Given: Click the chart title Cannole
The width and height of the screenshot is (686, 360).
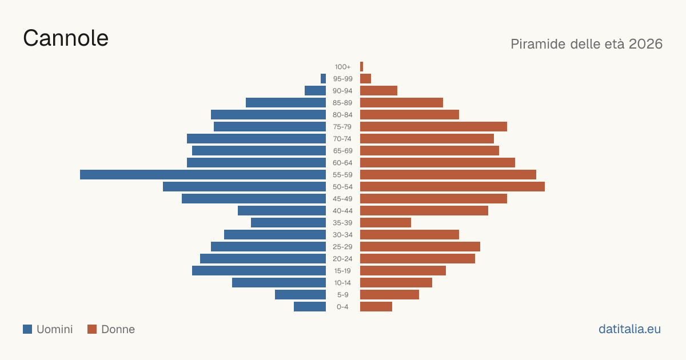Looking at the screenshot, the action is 66,38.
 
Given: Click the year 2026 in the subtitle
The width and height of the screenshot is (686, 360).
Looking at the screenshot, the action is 645,44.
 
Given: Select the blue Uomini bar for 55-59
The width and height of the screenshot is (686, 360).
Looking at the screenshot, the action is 203,174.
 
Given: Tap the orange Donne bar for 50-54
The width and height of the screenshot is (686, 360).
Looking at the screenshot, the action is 452,187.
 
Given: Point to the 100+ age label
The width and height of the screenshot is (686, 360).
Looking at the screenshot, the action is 342,67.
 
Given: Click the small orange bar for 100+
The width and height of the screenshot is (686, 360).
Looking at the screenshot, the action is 361,67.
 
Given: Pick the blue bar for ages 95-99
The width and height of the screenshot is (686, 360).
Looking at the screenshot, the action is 323,79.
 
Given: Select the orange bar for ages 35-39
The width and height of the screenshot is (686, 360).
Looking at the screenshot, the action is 385,222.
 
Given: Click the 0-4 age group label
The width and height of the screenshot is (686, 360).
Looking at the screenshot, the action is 342,307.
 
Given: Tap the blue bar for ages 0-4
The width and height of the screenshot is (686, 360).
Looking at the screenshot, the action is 310,307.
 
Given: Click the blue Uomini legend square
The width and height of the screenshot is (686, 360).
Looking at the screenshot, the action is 27,329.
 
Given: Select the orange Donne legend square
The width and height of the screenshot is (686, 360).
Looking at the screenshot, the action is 92,329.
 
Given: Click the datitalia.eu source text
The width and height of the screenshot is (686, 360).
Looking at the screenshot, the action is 629,329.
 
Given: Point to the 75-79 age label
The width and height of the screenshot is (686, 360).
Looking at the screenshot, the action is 342,127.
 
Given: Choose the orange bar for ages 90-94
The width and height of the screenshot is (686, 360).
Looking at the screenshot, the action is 378,91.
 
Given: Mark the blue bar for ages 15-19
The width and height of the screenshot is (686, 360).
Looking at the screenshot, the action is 259,271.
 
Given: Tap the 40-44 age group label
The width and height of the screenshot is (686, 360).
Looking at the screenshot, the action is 342,211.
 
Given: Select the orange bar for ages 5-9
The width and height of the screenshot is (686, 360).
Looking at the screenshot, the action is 389,294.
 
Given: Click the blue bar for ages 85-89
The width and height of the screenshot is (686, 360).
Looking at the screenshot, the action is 286,102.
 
